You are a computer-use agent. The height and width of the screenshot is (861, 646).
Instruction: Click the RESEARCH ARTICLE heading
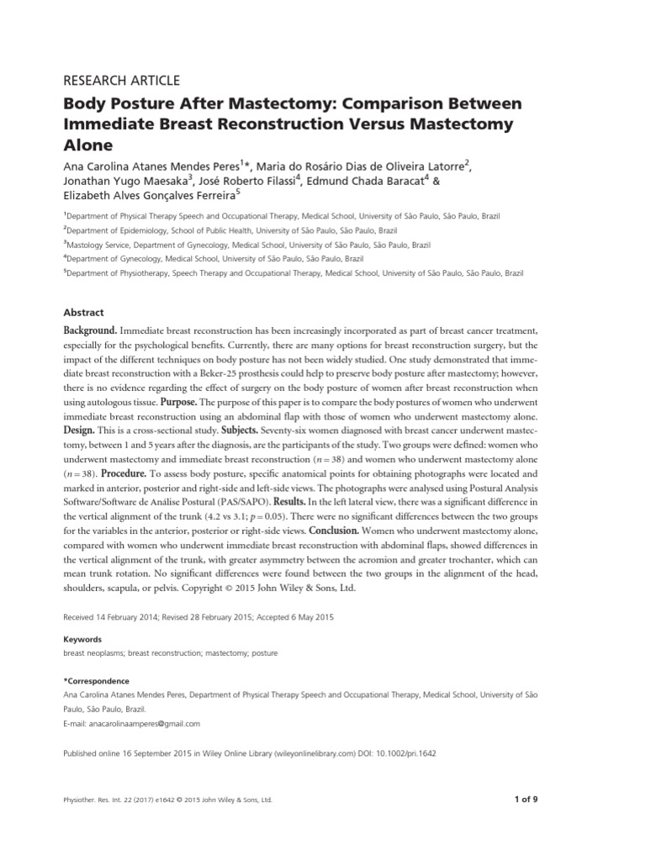click(122, 81)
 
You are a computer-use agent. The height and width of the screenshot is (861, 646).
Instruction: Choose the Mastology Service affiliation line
click(247, 244)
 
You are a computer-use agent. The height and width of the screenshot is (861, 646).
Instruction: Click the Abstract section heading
click(83, 312)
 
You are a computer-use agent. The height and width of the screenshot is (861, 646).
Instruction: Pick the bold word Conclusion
click(336, 531)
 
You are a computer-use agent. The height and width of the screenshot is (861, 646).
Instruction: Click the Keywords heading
click(82, 639)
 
